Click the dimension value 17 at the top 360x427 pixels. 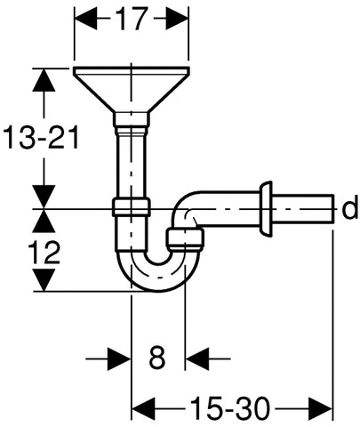point(131,19)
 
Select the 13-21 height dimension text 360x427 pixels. point(41,137)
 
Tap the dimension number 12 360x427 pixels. point(44,252)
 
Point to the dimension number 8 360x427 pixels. point(156,358)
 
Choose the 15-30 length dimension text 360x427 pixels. point(230,408)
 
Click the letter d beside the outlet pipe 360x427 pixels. point(350,208)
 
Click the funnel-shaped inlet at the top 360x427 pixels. point(131,90)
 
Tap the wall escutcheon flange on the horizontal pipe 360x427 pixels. point(265,209)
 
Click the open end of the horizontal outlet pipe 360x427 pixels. point(332,208)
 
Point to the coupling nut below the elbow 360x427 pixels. point(185,239)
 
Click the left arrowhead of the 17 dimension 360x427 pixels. point(85,19)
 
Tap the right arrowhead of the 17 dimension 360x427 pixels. point(177,19)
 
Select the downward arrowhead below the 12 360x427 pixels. point(44,280)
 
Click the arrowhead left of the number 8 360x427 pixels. point(119,359)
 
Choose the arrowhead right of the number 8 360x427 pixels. point(196,359)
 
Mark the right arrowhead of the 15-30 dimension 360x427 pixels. point(320,408)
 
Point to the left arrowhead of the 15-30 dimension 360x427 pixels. point(143,408)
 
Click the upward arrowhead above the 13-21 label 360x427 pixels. point(44,79)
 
